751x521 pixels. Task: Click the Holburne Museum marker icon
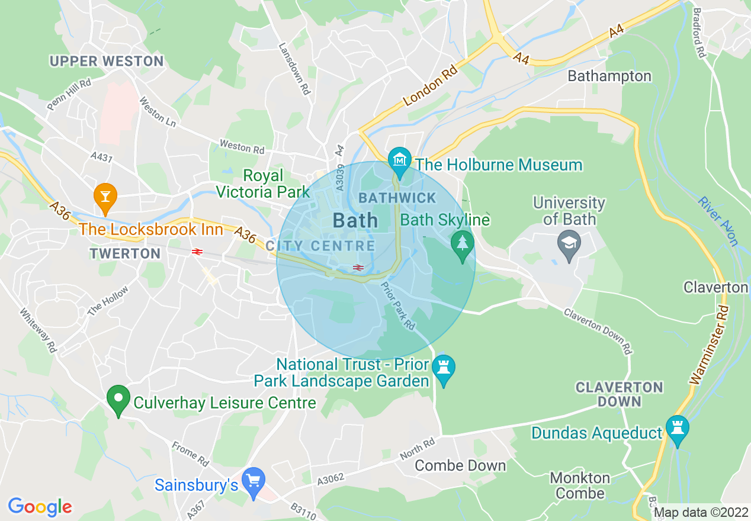(400, 160)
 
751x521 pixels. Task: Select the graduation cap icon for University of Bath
(569, 243)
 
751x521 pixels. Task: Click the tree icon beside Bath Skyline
(462, 243)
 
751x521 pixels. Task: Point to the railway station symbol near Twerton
(197, 252)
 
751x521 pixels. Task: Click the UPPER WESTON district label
(107, 61)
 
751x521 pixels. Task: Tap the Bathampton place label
(609, 76)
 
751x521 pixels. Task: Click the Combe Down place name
(460, 465)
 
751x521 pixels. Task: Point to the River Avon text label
(718, 221)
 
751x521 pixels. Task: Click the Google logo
(40, 507)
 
